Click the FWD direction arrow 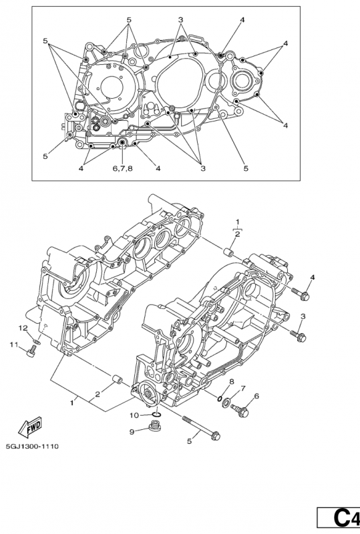[x=29, y=427]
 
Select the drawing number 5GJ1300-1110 [x=32, y=446]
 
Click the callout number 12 [x=23, y=328]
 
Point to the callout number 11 [x=13, y=345]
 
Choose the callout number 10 [x=134, y=415]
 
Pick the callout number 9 [x=132, y=431]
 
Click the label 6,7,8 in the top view [x=122, y=168]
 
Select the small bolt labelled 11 [x=31, y=352]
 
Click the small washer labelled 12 [x=37, y=341]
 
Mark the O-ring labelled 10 [x=157, y=414]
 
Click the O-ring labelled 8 [x=220, y=398]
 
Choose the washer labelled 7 [x=226, y=405]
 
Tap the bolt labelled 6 [x=240, y=410]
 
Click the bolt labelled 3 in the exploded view [x=299, y=336]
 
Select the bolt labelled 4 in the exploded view [x=301, y=294]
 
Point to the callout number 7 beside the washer [x=242, y=388]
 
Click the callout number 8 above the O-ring [x=232, y=381]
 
